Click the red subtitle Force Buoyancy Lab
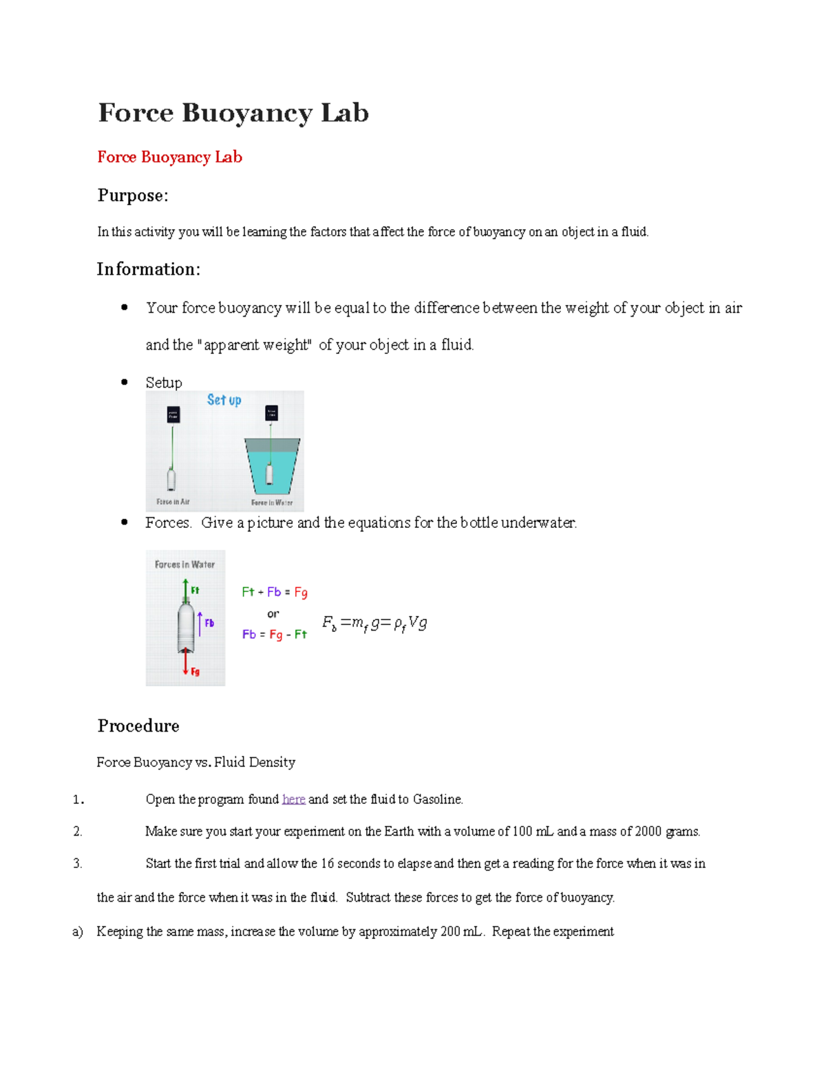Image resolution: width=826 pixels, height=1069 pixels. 169,157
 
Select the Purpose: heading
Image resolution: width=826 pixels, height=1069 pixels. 132,195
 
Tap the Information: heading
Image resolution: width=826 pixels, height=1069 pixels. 148,269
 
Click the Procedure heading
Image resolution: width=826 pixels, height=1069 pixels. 138,726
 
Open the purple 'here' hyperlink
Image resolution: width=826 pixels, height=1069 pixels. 293,799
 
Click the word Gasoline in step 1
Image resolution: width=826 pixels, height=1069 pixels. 437,799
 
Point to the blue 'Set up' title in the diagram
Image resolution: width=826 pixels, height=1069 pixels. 224,400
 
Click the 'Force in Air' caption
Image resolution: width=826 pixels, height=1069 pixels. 173,502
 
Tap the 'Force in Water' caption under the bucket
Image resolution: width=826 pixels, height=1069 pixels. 272,502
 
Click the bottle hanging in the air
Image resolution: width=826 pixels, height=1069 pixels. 171,478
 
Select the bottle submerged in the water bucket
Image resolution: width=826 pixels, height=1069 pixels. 270,474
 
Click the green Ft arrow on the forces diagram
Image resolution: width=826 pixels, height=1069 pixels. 186,590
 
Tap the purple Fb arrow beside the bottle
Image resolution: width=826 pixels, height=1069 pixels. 200,623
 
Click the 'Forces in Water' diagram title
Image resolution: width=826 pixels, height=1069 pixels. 184,564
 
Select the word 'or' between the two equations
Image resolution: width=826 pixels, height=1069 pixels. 273,613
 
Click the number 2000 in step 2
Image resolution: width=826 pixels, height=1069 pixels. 648,832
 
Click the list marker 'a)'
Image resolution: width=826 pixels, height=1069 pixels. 77,931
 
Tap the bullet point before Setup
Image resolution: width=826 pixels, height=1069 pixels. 125,382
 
